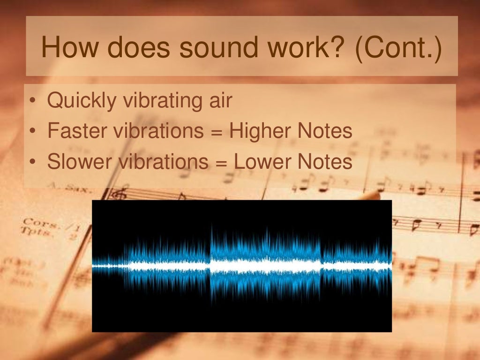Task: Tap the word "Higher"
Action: [x=256, y=132]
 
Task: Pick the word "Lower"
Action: [x=256, y=162]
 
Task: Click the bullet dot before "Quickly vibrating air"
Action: [x=32, y=101]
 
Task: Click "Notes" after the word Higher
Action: [x=323, y=131]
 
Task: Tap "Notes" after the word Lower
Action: [x=323, y=162]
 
